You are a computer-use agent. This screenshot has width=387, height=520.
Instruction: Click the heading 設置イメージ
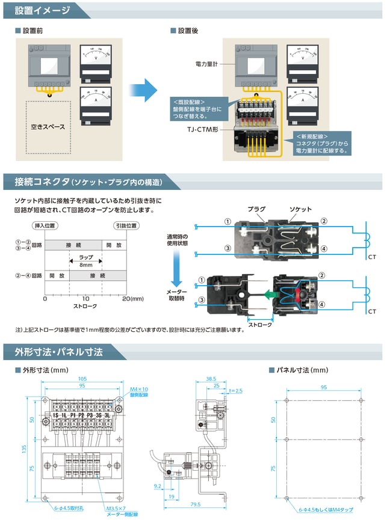42,10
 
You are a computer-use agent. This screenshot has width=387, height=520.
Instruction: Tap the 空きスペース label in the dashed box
48,127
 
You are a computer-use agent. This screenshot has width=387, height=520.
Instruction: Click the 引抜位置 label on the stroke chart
126,225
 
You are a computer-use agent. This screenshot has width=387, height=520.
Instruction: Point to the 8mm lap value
85,265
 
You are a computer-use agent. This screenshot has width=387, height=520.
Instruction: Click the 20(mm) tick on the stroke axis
133,298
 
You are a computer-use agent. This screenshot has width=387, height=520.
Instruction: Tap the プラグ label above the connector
256,209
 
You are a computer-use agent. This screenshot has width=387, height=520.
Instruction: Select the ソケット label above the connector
300,209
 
